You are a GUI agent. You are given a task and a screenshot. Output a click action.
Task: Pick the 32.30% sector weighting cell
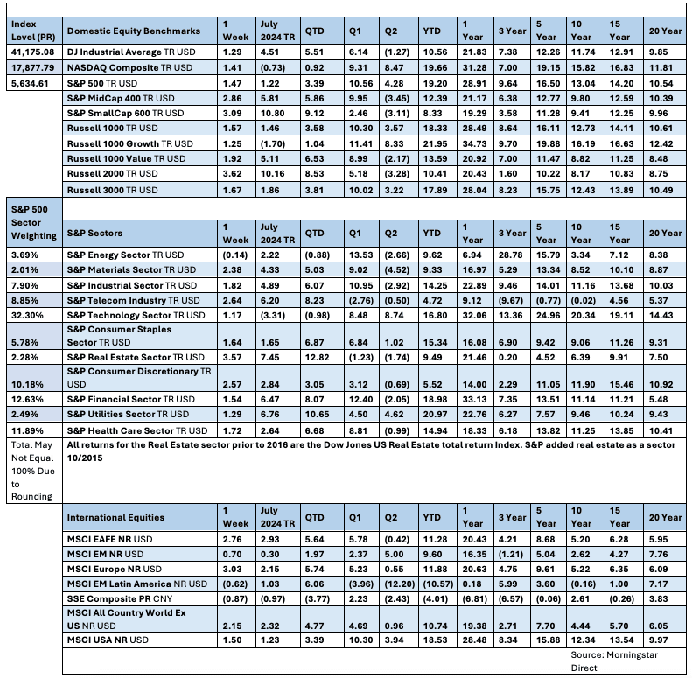(x=29, y=313)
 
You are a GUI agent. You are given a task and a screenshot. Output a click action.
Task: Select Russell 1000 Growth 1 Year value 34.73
(x=476, y=143)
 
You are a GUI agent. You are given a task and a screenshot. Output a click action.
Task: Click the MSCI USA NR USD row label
(x=108, y=640)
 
